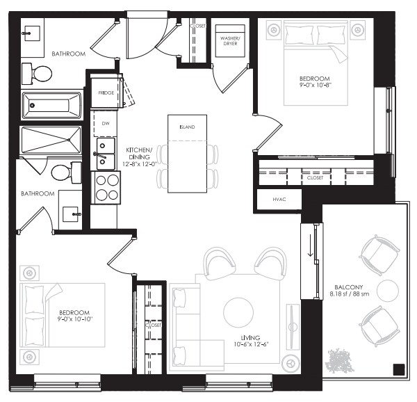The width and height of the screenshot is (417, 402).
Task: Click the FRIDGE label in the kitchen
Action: (106, 93)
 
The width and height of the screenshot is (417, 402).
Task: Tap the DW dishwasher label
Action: (106, 123)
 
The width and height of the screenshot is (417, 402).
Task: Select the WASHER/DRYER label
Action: (230, 41)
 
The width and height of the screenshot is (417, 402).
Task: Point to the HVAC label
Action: (279, 200)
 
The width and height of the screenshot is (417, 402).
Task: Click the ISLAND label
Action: (187, 127)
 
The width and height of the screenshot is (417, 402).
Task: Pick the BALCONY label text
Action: (349, 287)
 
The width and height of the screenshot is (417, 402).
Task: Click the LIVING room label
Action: (250, 338)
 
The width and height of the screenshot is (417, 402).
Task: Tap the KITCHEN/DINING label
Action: (139, 154)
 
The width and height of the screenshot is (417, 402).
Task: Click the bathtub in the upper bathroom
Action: (52, 105)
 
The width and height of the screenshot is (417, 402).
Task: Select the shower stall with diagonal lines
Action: (51, 140)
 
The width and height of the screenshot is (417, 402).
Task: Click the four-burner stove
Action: (106, 188)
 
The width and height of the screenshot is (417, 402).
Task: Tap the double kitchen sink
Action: (106, 154)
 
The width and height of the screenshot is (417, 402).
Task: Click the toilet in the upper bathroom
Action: (37, 74)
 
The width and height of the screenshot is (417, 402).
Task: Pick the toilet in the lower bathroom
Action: (66, 172)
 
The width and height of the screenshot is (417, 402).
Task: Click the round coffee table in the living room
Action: (238, 312)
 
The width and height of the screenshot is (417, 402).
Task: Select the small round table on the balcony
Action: (388, 291)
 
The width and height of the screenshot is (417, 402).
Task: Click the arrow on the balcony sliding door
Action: (311, 246)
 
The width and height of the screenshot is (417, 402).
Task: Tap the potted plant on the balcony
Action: (339, 361)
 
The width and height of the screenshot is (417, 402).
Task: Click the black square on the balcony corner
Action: (399, 369)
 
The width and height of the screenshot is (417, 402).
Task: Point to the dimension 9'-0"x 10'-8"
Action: (315, 85)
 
